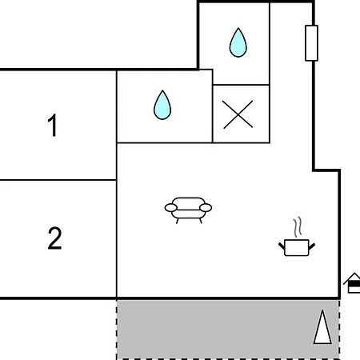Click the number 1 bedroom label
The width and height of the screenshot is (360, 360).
[53, 125]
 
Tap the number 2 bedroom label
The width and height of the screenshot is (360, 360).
[54, 238]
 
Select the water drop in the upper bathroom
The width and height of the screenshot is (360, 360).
[238, 42]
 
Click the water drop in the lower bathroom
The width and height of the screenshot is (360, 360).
[162, 105]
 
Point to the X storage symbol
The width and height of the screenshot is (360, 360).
[238, 114]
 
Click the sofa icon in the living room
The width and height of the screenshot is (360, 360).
[188, 210]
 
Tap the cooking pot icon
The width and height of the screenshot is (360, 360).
[297, 247]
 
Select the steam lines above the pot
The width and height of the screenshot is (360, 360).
[298, 227]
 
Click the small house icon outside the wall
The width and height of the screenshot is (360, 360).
[353, 283]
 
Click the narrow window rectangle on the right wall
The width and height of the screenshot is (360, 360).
[311, 43]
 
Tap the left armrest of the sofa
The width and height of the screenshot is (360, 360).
[171, 208]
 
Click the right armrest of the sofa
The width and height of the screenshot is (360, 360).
[206, 207]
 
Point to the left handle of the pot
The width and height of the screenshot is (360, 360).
[282, 246]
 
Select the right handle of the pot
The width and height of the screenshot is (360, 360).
[312, 246]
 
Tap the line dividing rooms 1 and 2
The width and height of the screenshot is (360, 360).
[58, 180]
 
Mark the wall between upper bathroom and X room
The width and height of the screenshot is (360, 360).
[241, 85]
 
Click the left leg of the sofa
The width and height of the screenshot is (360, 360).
[177, 221]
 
